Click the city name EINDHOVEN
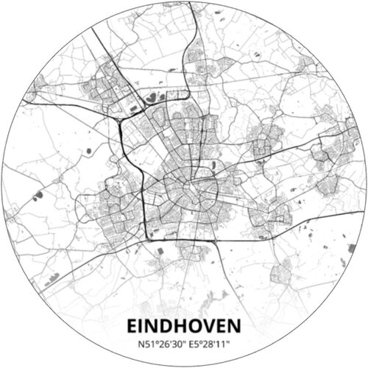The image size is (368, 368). click(x=184, y=325)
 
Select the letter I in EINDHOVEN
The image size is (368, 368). click(x=144, y=325)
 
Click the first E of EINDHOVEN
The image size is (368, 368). click(x=133, y=325)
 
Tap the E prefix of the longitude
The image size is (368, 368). click(x=190, y=342)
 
